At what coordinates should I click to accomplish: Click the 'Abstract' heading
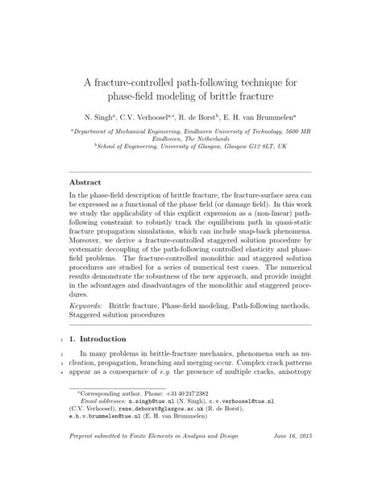coord(87,183)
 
